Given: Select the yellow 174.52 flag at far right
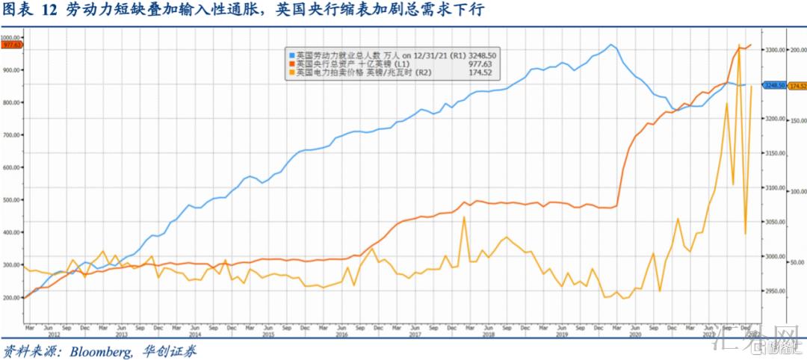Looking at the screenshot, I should pos(797,86).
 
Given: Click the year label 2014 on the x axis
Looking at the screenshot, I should pos(195,334).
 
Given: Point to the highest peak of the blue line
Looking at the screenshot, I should pos(610,45).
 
